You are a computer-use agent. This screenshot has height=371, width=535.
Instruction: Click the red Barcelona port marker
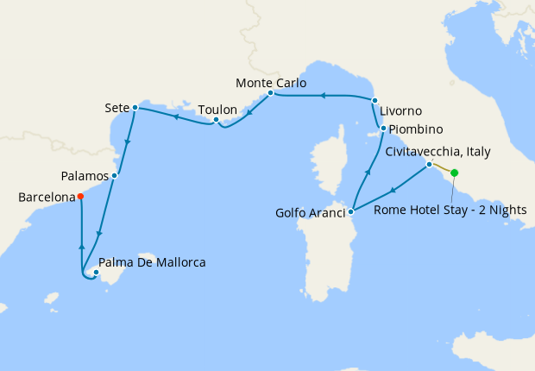coord(80,196)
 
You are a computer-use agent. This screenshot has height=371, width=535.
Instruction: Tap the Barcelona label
coord(47,198)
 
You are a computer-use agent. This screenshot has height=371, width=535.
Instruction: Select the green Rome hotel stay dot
coord(455,173)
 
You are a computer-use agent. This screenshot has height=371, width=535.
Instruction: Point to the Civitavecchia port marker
coord(429,164)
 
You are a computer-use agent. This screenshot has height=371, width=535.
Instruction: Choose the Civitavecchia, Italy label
coord(437,152)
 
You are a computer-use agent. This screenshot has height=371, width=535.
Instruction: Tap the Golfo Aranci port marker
coord(351,211)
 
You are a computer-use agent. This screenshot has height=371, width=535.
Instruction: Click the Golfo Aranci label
coord(311,212)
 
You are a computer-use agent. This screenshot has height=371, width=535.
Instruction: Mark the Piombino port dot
coord(382,129)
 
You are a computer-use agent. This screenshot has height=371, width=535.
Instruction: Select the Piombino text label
coord(416,129)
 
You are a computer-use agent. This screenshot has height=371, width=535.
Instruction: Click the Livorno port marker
coord(374,101)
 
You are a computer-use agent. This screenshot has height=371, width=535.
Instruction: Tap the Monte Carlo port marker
coord(270,92)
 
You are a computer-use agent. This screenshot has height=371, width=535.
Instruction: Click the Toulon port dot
coord(216,120)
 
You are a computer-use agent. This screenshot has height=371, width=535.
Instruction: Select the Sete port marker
coord(135,108)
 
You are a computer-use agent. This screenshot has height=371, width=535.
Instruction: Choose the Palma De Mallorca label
coord(153,262)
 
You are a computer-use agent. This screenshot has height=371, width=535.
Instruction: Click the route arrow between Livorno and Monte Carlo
coord(322,96)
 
